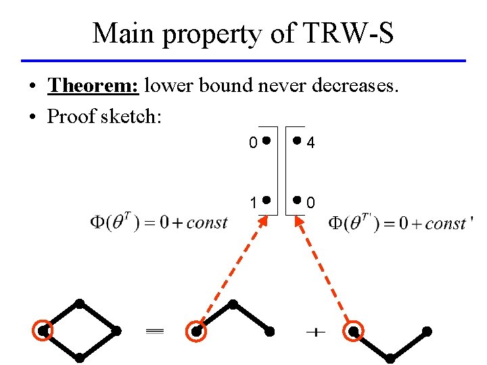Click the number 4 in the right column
tap(311, 143)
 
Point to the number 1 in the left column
tap(252, 201)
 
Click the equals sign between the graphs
tap(156, 331)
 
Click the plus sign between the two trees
tap(315, 332)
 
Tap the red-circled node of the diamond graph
tap(43, 331)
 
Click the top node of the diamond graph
tap(80, 303)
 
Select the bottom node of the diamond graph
tap(80, 357)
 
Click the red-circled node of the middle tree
tap(196, 331)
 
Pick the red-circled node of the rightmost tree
tap(353, 331)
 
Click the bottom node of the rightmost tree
tap(391, 357)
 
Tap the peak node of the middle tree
tap(233, 303)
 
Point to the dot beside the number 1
tap(266, 201)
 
